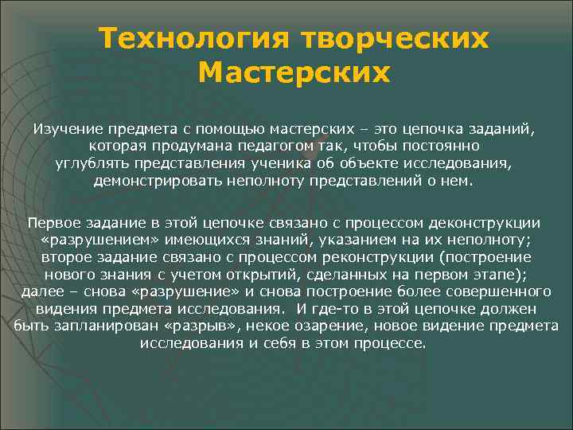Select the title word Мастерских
coord(294,73)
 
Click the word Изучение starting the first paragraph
coord(66,129)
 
